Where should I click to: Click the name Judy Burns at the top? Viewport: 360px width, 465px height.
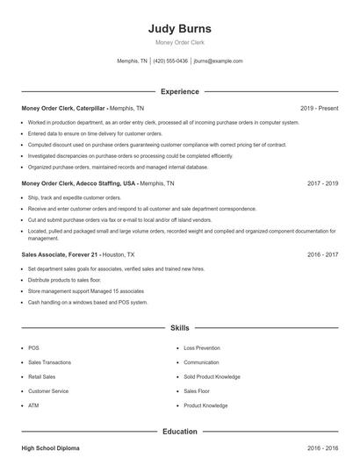click(180, 28)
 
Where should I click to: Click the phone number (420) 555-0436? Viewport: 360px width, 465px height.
click(171, 61)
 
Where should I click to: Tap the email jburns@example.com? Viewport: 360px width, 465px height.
click(218, 61)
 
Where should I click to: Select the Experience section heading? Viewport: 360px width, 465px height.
click(180, 91)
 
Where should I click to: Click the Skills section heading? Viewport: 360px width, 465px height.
click(180, 327)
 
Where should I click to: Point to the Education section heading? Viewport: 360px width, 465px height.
click(180, 432)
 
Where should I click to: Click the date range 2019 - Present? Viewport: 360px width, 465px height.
click(319, 108)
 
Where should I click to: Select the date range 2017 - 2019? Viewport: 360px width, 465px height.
click(322, 183)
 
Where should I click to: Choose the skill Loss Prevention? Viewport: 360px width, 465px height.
click(202, 347)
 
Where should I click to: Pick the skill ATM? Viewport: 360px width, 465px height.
click(33, 405)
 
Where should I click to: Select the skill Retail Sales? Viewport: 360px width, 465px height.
click(42, 376)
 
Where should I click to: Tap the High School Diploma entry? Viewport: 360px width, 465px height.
click(50, 448)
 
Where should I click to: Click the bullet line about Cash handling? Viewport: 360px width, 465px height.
click(88, 302)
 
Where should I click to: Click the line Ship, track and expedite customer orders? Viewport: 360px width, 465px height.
click(75, 198)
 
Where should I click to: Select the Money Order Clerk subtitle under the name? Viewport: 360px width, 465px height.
click(180, 42)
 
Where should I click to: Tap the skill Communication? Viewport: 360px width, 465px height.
click(202, 361)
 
